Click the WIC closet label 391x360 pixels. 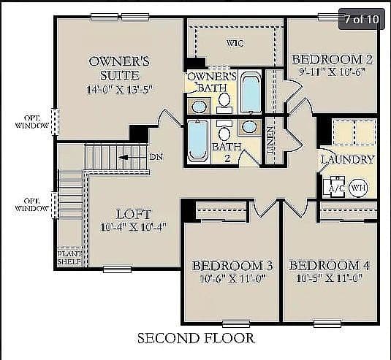point(235,43)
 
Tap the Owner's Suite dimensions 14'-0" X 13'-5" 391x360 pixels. point(119,89)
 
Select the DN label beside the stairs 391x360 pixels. point(156,157)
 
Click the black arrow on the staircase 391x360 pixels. point(124,158)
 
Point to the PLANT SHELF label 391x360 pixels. point(69,258)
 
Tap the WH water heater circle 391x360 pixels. point(358,188)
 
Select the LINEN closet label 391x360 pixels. point(270,140)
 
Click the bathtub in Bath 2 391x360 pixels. point(198,141)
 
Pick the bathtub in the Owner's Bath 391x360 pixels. point(251,93)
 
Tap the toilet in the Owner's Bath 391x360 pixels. point(224,103)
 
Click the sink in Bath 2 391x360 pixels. point(249,127)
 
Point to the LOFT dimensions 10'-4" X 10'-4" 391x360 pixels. point(133,227)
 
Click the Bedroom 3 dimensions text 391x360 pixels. point(232,278)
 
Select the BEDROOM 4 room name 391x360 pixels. point(329,266)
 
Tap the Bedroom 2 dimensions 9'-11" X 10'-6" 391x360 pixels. point(332,72)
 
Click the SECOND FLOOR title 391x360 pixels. point(196,338)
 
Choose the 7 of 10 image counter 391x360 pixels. point(362,19)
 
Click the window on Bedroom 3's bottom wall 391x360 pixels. point(236,324)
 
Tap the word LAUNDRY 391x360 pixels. point(348,159)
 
